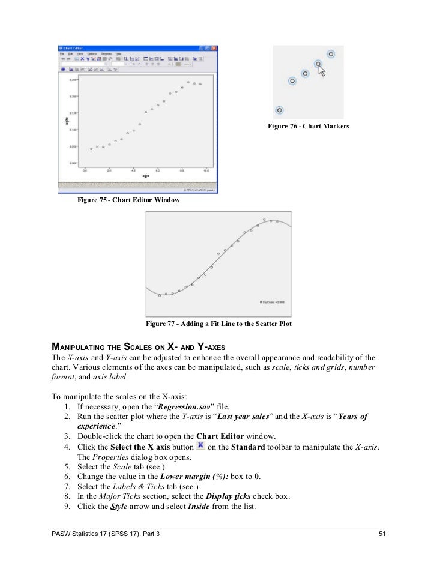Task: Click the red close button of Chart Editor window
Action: point(214,48)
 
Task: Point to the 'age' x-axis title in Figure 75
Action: point(145,176)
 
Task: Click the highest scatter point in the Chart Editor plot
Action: point(188,82)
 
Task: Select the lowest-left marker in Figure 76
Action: point(279,110)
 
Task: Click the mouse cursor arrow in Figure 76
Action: point(322,71)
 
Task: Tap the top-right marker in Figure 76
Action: point(331,53)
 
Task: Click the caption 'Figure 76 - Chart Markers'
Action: point(308,126)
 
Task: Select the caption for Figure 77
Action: point(218,324)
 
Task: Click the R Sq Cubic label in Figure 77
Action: point(272,303)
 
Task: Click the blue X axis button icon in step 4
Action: point(202,446)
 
